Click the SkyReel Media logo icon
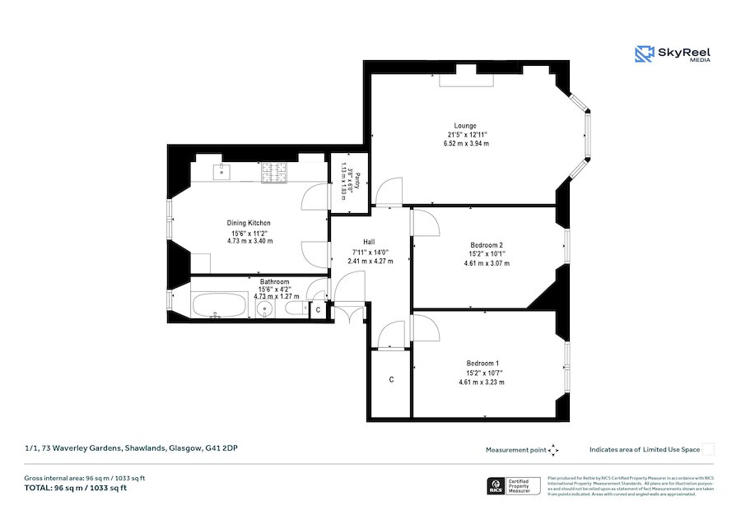pos(644,54)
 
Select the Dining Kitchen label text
pos(249,223)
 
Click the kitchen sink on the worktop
pos(222,173)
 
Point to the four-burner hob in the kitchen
pos(273,174)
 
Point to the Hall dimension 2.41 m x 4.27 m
pos(370,261)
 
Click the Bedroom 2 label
pos(486,246)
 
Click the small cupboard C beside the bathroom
pos(318,310)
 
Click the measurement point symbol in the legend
pos(553,450)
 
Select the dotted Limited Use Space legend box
pos(707,449)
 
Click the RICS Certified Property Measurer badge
pos(515,486)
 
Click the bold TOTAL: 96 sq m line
pos(76,488)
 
